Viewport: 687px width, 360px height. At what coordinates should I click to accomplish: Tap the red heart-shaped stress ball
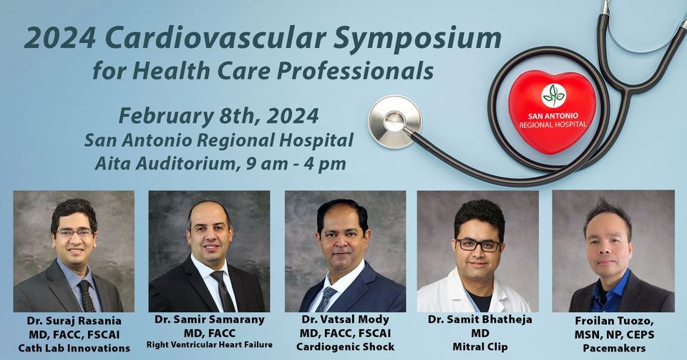pyautogui.click(x=552, y=110)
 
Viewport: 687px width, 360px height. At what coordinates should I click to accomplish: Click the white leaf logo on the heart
pyautogui.click(x=553, y=94)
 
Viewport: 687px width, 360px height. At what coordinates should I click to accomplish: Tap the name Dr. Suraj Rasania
pyautogui.click(x=73, y=321)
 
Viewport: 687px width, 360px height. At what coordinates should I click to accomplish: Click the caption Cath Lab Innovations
pyautogui.click(x=73, y=348)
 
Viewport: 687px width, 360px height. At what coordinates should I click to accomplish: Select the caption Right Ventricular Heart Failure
pyautogui.click(x=209, y=345)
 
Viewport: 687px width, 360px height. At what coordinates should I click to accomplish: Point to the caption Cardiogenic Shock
pyautogui.click(x=344, y=348)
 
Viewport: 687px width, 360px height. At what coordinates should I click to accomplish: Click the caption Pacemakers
pyautogui.click(x=613, y=348)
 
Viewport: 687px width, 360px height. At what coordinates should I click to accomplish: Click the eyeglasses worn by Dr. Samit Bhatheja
pyautogui.click(x=478, y=245)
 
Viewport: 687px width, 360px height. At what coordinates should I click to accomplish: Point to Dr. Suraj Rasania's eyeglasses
pyautogui.click(x=74, y=233)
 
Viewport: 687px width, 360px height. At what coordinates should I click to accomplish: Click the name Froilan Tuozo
pyautogui.click(x=613, y=321)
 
